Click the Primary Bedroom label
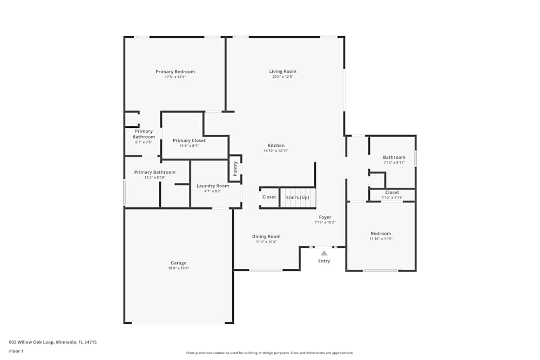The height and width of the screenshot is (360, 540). pos(175,72)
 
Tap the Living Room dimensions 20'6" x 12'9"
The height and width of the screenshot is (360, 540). pos(282,77)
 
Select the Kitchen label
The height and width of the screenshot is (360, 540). pos(276,146)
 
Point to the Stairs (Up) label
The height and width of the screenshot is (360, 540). pos(298,197)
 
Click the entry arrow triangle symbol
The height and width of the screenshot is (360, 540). pos(324,253)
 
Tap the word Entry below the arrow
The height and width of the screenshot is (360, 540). pos(324,261)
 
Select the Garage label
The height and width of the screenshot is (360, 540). pos(178,263)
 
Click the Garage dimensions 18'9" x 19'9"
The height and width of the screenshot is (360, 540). pos(178,268)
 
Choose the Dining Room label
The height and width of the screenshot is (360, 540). pos(266,236)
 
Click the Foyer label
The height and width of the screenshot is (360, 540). pos(325,217)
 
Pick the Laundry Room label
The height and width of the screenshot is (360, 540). pos(212,186)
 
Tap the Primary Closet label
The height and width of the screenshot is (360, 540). pos(189,140)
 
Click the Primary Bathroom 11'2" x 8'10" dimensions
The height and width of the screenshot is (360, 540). pos(154,178)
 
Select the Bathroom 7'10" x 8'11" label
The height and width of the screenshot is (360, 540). pos(394,157)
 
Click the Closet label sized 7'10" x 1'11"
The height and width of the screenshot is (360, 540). pos(392,192)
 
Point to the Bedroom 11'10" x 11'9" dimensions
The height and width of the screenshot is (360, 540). pos(381,239)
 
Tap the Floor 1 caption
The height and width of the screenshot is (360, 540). pos(16,351)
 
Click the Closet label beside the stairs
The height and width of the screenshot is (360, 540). pos(269,197)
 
